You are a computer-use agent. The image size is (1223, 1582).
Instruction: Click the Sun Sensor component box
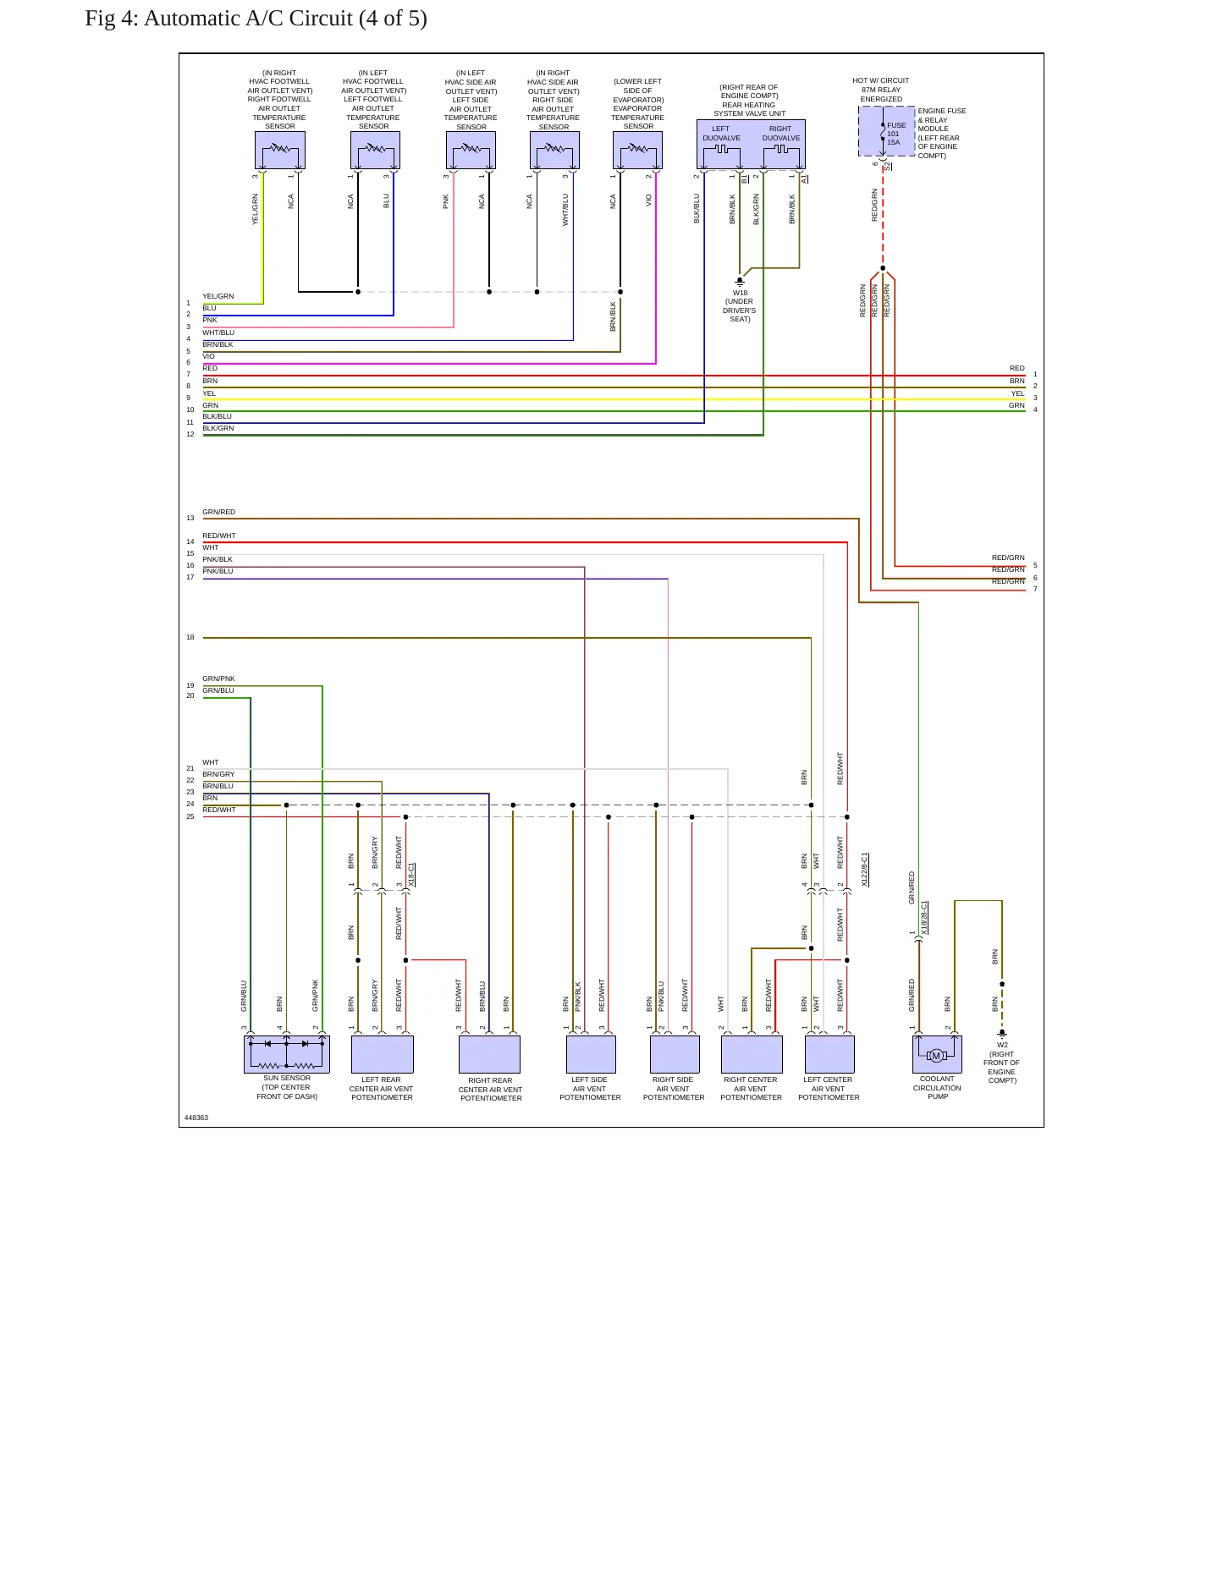286,1054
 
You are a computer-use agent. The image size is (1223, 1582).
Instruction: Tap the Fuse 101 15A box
887,131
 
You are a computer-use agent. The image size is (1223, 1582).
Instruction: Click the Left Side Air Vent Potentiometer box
591,1054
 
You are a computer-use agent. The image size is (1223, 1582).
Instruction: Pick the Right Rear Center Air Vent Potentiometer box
489,1054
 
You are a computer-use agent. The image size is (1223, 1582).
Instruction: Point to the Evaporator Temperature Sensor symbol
637,150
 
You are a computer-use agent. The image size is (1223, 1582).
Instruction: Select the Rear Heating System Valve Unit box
751,145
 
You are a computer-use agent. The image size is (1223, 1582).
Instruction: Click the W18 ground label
740,293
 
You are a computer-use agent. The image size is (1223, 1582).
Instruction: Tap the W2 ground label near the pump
1002,1045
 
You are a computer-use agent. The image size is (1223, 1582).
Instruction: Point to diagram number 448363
196,1118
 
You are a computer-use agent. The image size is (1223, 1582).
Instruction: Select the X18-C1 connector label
411,874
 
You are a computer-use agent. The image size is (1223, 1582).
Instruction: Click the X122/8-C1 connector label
864,869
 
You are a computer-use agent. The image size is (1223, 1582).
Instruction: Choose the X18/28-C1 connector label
924,917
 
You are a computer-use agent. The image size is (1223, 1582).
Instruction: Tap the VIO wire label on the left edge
208,356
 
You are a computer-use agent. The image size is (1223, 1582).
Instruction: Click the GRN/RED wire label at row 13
219,512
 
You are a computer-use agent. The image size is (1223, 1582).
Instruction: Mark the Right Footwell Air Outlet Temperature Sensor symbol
280,150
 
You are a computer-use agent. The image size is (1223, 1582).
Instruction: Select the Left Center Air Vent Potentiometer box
829,1054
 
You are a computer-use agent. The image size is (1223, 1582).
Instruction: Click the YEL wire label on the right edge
1017,393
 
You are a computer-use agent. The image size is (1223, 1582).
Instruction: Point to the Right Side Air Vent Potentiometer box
675,1054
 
